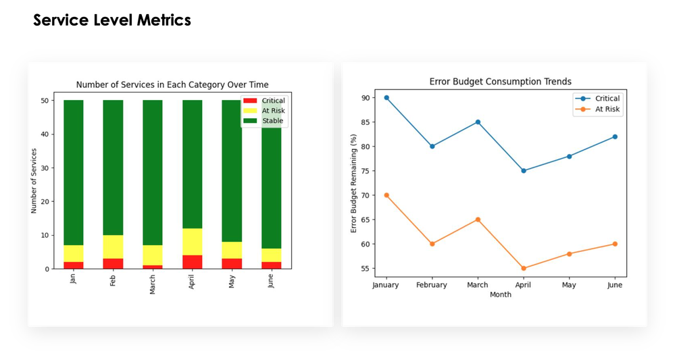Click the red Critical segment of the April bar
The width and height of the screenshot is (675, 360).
point(193,262)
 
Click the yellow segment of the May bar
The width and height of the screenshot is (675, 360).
point(232,250)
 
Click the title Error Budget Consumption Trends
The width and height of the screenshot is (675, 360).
point(500,81)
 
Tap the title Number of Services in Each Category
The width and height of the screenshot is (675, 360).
point(172,84)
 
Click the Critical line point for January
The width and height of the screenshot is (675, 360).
point(386,97)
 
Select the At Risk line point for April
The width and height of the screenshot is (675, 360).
point(523,268)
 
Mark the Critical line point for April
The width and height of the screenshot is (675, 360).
point(523,171)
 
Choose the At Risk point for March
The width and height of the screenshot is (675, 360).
point(478,220)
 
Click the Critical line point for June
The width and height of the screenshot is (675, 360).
point(615,136)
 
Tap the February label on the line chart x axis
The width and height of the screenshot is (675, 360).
point(432,285)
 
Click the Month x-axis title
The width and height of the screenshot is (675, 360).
point(500,294)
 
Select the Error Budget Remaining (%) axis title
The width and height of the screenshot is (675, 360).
point(353,183)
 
